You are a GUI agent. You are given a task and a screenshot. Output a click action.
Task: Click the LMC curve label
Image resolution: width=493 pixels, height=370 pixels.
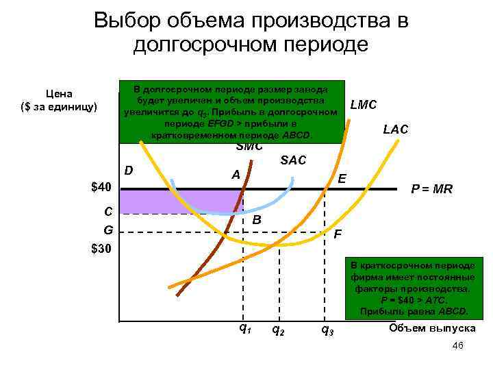[363, 106]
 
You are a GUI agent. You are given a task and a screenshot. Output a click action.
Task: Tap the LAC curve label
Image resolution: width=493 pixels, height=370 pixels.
[396, 129]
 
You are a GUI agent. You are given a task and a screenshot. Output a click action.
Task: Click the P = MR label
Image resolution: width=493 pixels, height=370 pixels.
[431, 189]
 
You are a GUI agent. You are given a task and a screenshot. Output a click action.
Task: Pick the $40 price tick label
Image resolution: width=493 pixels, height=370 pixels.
[104, 187]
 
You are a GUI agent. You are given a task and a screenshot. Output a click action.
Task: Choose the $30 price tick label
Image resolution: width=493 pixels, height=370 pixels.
[104, 247]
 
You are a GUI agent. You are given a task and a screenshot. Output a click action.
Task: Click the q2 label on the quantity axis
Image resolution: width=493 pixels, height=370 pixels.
[279, 330]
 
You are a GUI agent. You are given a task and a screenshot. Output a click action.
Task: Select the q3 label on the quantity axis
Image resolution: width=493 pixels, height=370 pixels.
[327, 330]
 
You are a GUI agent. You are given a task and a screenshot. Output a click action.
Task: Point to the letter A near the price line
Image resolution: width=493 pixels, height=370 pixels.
[236, 175]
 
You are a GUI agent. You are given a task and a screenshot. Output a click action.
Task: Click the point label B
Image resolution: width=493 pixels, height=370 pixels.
[257, 221]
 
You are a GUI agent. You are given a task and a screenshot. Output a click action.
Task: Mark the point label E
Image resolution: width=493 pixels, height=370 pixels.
[342, 178]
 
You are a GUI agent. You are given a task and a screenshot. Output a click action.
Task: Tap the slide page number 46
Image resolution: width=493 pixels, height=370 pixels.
[458, 346]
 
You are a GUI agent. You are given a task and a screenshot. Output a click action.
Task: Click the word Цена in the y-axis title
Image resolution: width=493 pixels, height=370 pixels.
[60, 94]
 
